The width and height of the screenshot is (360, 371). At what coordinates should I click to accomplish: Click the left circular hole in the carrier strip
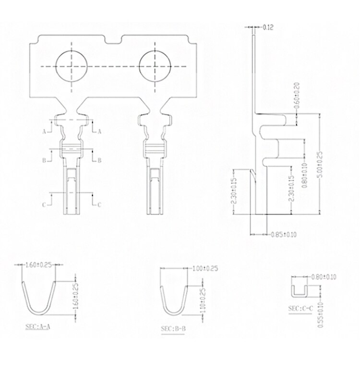click(71, 65)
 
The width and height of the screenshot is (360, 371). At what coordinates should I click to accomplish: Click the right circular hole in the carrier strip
click(155, 65)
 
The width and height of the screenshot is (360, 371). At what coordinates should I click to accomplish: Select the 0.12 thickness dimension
click(268, 27)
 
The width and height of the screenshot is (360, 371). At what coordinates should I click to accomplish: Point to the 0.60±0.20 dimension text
click(297, 95)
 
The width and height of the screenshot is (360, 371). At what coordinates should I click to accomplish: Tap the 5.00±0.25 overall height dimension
click(320, 165)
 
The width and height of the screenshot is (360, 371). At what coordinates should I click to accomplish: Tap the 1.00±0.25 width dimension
click(204, 268)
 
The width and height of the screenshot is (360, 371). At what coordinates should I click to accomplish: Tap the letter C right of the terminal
click(99, 204)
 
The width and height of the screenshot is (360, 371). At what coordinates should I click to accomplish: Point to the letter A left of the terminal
click(44, 131)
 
